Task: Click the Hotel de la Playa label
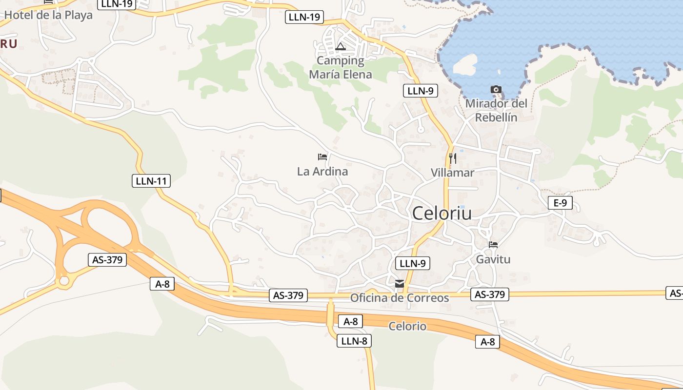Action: (x=48, y=15)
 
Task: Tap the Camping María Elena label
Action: (x=341, y=68)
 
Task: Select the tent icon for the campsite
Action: (x=341, y=47)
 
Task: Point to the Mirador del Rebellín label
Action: (x=496, y=110)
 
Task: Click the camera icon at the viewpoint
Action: (x=496, y=90)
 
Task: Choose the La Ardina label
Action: (x=322, y=172)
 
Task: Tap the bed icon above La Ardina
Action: (x=322, y=157)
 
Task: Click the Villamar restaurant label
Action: (x=452, y=173)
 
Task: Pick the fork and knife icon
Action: (x=452, y=158)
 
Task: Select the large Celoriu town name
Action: (x=442, y=214)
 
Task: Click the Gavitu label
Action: (x=493, y=259)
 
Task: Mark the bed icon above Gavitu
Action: (x=493, y=245)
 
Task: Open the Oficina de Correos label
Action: (x=400, y=298)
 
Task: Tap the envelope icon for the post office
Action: (x=400, y=284)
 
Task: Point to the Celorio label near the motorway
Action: (x=407, y=326)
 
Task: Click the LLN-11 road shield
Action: (x=151, y=181)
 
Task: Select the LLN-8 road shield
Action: (x=354, y=341)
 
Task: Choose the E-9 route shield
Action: (x=560, y=203)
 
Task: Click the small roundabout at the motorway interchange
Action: (x=63, y=281)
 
